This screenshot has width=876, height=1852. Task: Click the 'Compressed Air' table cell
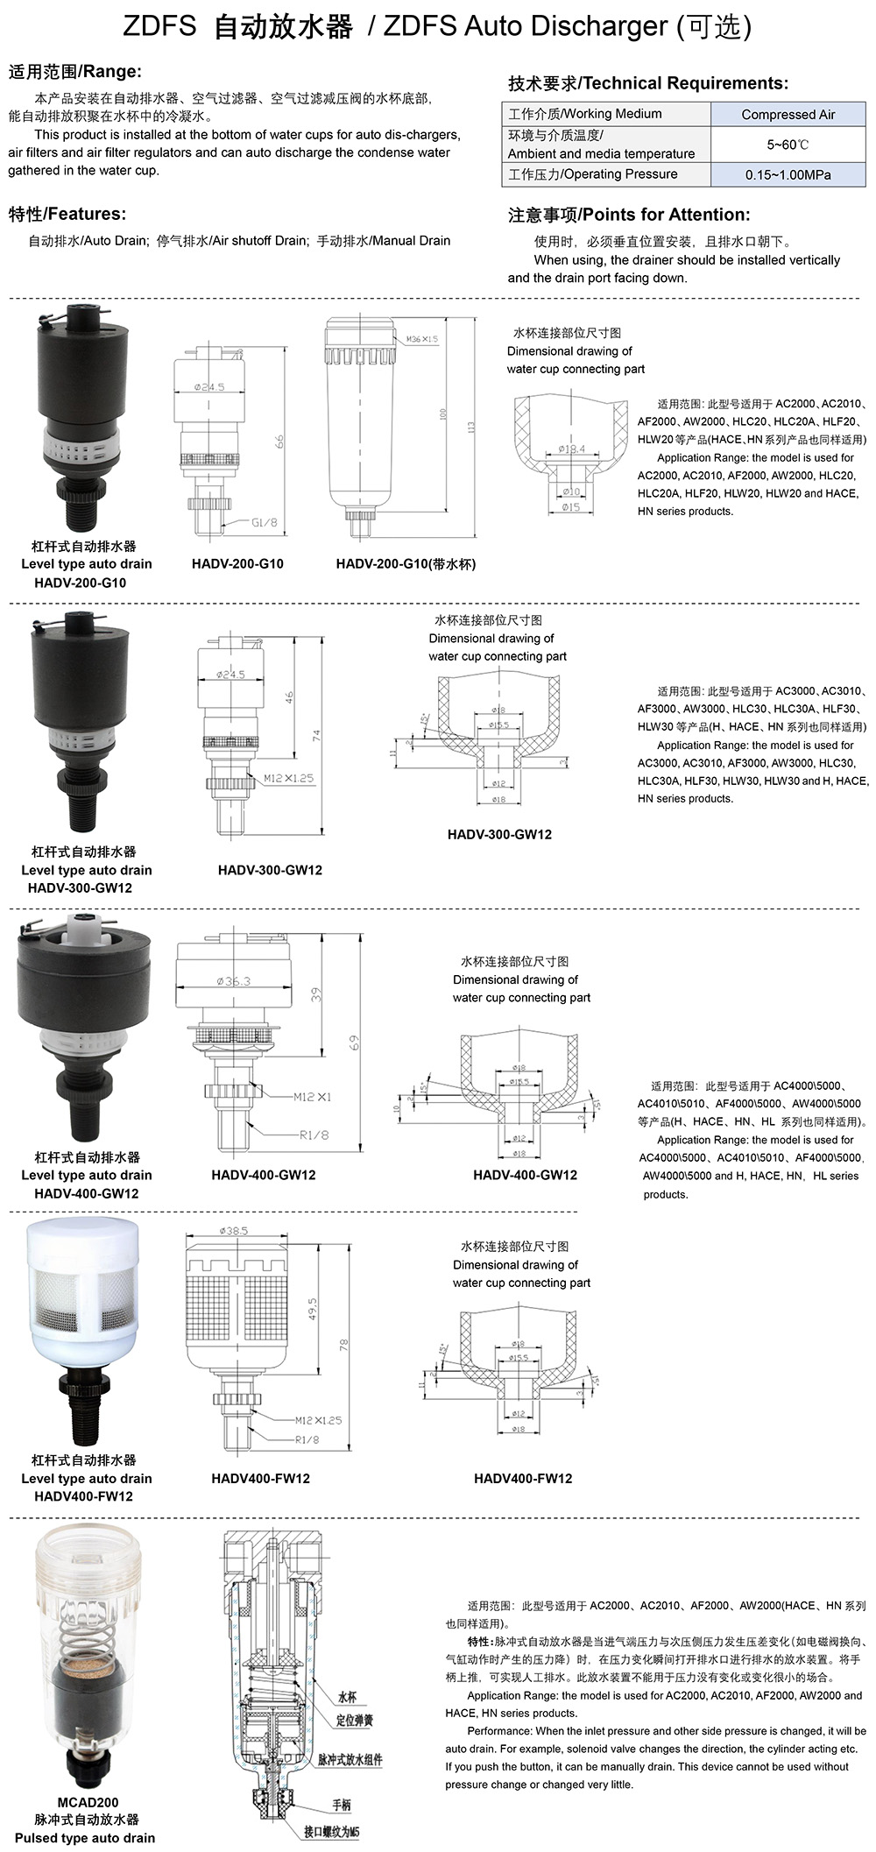[x=788, y=114]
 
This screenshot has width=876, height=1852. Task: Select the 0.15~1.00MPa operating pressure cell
[x=788, y=174]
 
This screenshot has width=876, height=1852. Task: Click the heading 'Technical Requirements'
[x=648, y=83]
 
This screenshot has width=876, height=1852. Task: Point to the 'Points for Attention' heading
[x=629, y=215]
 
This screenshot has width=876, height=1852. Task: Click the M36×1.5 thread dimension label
[x=421, y=338]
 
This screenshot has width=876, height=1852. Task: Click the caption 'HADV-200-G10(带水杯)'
[x=406, y=564]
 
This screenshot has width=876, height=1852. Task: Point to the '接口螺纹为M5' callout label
[x=332, y=1832]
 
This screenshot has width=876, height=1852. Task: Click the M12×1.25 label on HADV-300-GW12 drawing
[x=288, y=777]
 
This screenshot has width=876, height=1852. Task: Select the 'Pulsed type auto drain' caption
[x=85, y=1837]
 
